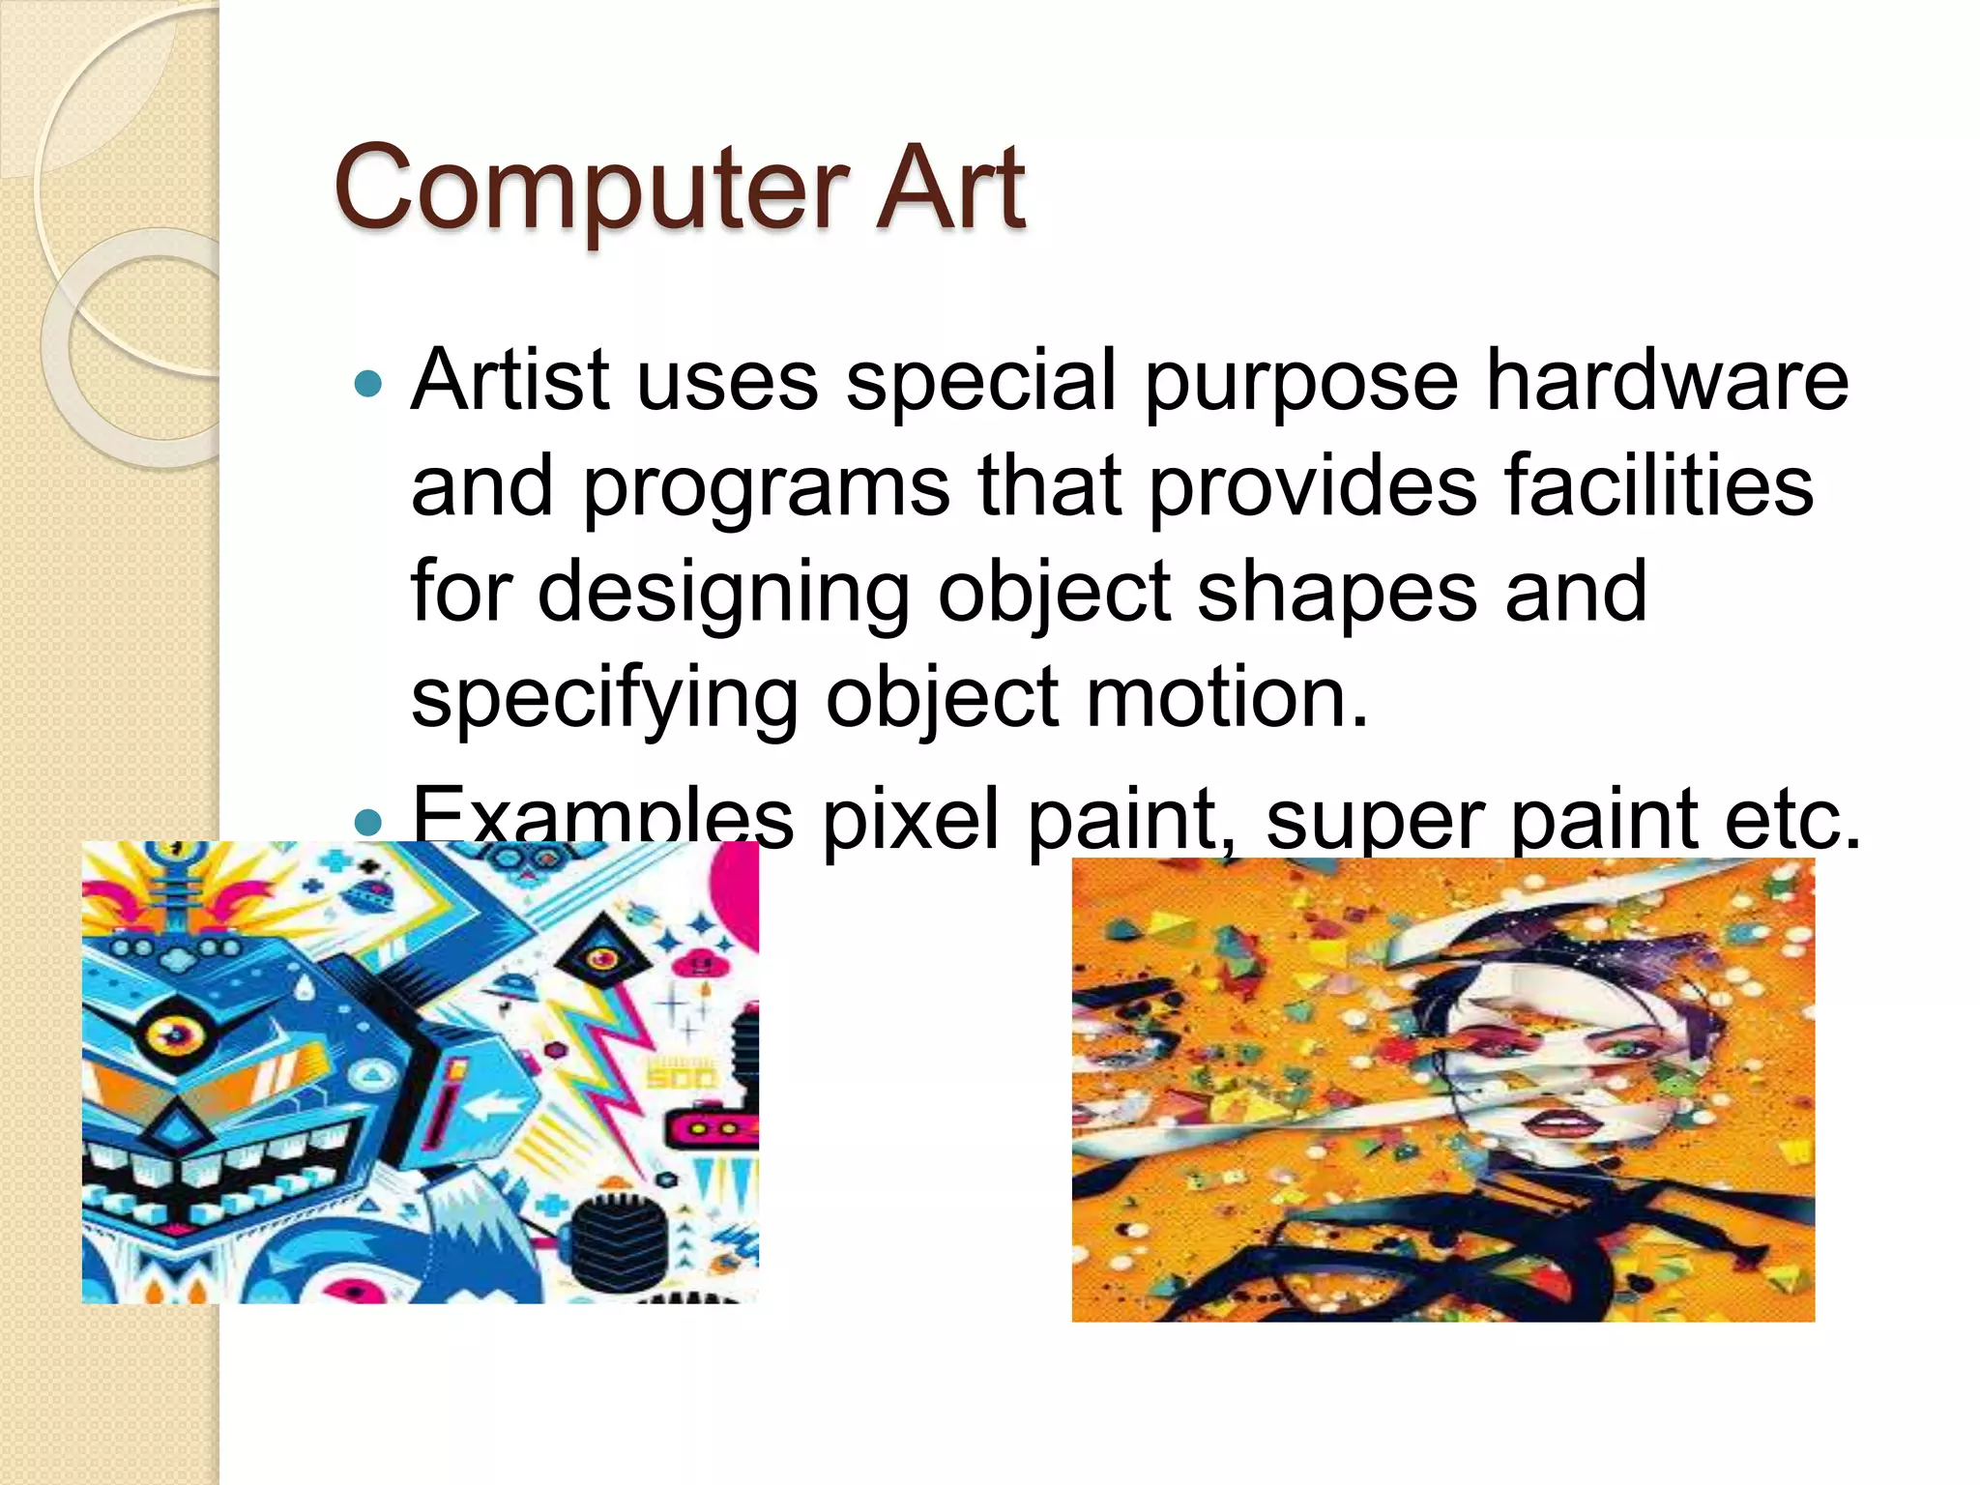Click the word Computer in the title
(x=591, y=188)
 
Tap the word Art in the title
(x=949, y=188)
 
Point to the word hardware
(x=1667, y=379)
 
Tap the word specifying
(x=604, y=700)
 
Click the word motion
(x=1227, y=698)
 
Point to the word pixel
(x=910, y=820)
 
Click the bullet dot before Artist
(x=368, y=385)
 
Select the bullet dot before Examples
(x=368, y=823)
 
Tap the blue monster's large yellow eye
(x=175, y=1034)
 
